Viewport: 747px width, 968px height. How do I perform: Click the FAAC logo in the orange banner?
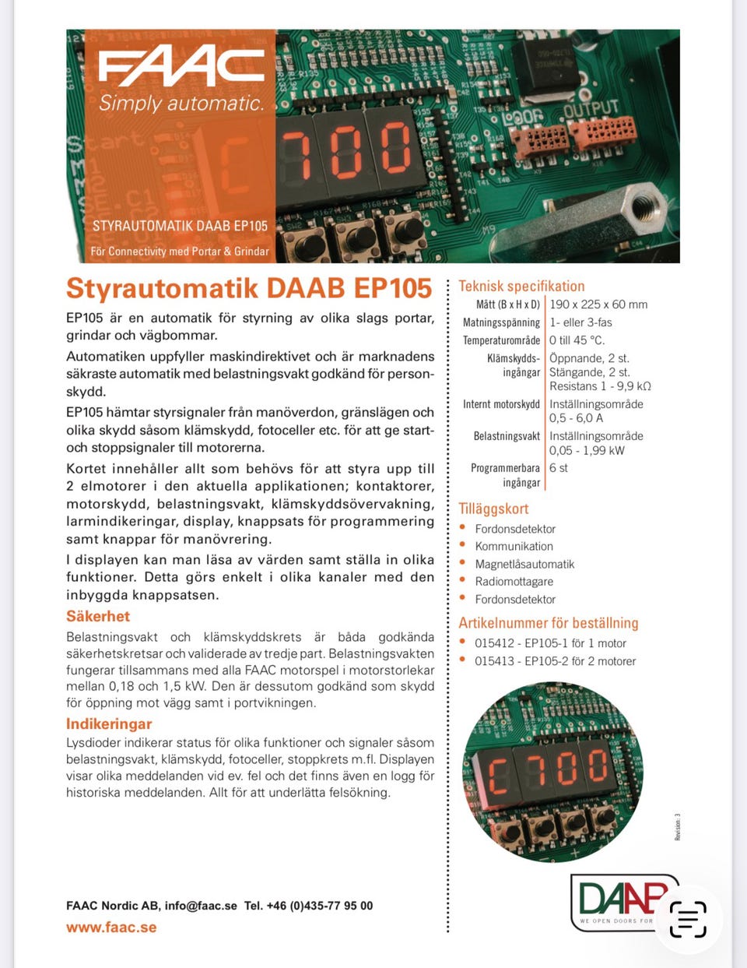(181, 69)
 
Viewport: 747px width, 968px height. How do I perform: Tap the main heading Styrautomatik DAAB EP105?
(248, 288)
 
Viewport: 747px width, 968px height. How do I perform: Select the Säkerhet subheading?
(98, 616)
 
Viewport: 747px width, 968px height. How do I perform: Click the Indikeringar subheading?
(109, 723)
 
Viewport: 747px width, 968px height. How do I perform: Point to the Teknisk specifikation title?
(521, 286)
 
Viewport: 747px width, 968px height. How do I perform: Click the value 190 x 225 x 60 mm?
(598, 304)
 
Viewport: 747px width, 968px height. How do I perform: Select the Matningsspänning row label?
(501, 322)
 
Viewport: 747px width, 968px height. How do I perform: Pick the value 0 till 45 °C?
(577, 340)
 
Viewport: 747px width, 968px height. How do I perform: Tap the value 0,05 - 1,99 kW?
(587, 450)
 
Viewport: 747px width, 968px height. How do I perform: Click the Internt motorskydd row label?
(501, 404)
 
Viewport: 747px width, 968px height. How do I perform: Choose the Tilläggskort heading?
(493, 509)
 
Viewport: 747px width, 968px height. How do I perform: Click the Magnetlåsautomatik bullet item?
(524, 564)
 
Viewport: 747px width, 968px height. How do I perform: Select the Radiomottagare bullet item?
(514, 582)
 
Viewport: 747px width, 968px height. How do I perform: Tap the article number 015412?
(494, 643)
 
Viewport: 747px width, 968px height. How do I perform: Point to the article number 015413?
(494, 661)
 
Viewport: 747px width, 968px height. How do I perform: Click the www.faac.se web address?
(111, 928)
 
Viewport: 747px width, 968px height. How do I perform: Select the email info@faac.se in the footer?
(201, 906)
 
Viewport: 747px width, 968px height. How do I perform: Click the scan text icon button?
(688, 919)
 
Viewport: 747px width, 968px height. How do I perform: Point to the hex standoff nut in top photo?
(643, 208)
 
